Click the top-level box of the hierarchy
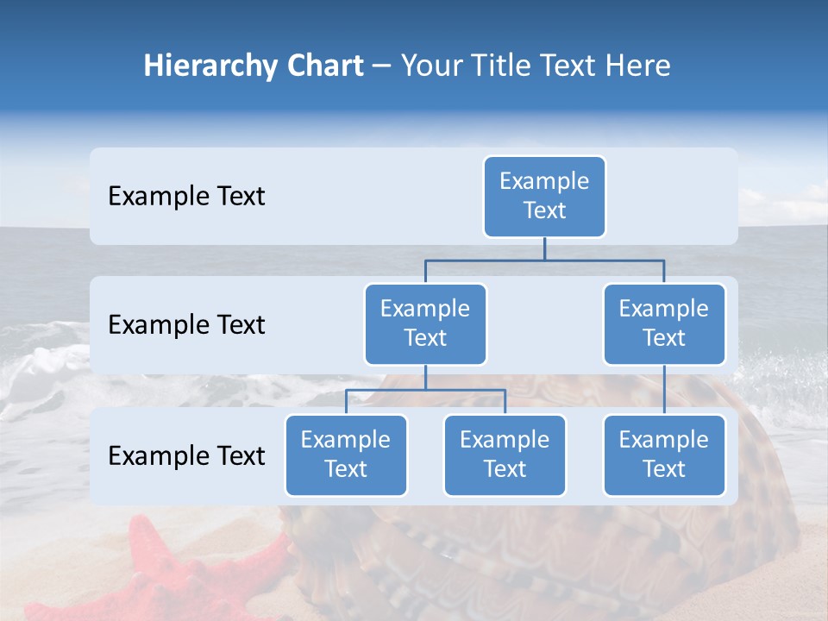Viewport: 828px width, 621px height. click(544, 197)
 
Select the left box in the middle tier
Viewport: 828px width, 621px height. click(425, 324)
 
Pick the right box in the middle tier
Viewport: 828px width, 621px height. click(664, 324)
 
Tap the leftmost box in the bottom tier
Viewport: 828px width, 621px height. click(346, 455)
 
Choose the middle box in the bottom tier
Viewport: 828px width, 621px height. click(505, 455)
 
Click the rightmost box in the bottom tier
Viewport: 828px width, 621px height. click(664, 455)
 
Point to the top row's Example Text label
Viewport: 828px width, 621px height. click(186, 197)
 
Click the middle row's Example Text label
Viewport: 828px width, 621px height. click(186, 325)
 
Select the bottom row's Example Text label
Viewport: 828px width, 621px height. click(186, 456)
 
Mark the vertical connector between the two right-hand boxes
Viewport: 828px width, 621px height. click(664, 390)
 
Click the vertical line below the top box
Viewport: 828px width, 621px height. click(544, 248)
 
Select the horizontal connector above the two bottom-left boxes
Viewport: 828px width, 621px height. click(425, 390)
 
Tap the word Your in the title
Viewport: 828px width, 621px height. click(430, 66)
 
